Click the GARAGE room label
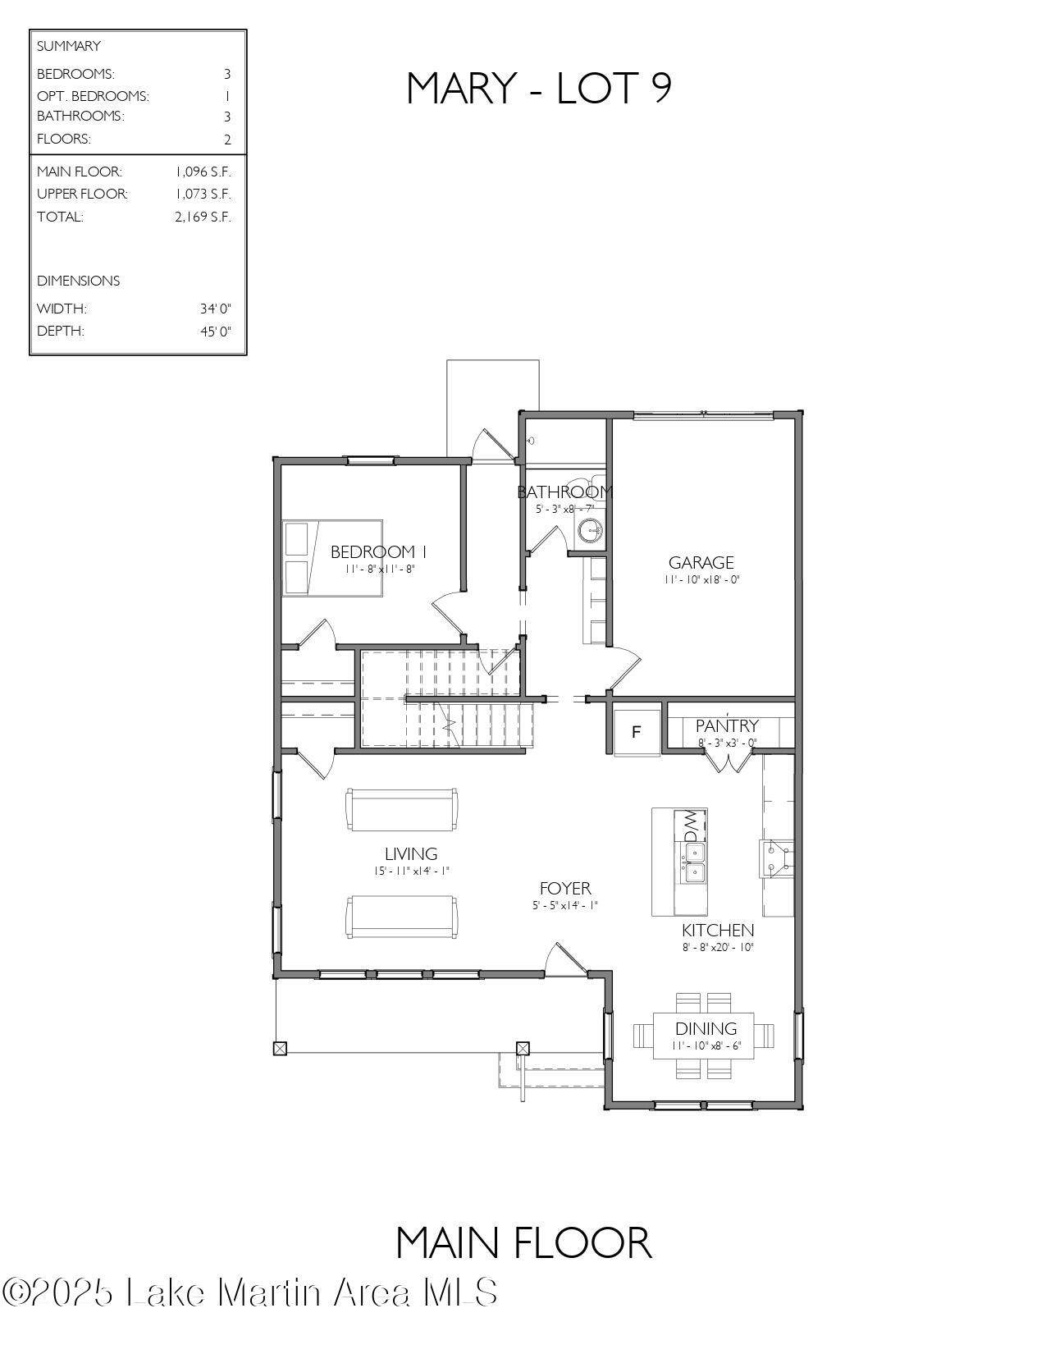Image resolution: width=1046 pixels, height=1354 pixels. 701,563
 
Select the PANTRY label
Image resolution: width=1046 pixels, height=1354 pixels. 727,725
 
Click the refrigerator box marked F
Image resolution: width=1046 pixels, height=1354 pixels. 637,731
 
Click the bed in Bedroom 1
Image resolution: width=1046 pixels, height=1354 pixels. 333,558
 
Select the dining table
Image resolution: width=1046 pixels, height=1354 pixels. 704,1036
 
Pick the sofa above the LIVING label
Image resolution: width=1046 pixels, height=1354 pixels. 402,810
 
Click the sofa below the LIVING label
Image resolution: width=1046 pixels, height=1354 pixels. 402,917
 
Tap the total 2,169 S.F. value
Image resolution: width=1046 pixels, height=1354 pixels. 203,217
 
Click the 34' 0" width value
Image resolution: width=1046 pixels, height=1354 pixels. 215,309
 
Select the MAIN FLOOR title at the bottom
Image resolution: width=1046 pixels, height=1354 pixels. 523,1242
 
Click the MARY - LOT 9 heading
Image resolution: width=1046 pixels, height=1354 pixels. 539,88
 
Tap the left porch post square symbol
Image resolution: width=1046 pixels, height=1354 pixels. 281,1048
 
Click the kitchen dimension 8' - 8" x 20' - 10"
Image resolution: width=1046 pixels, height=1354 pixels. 718,947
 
